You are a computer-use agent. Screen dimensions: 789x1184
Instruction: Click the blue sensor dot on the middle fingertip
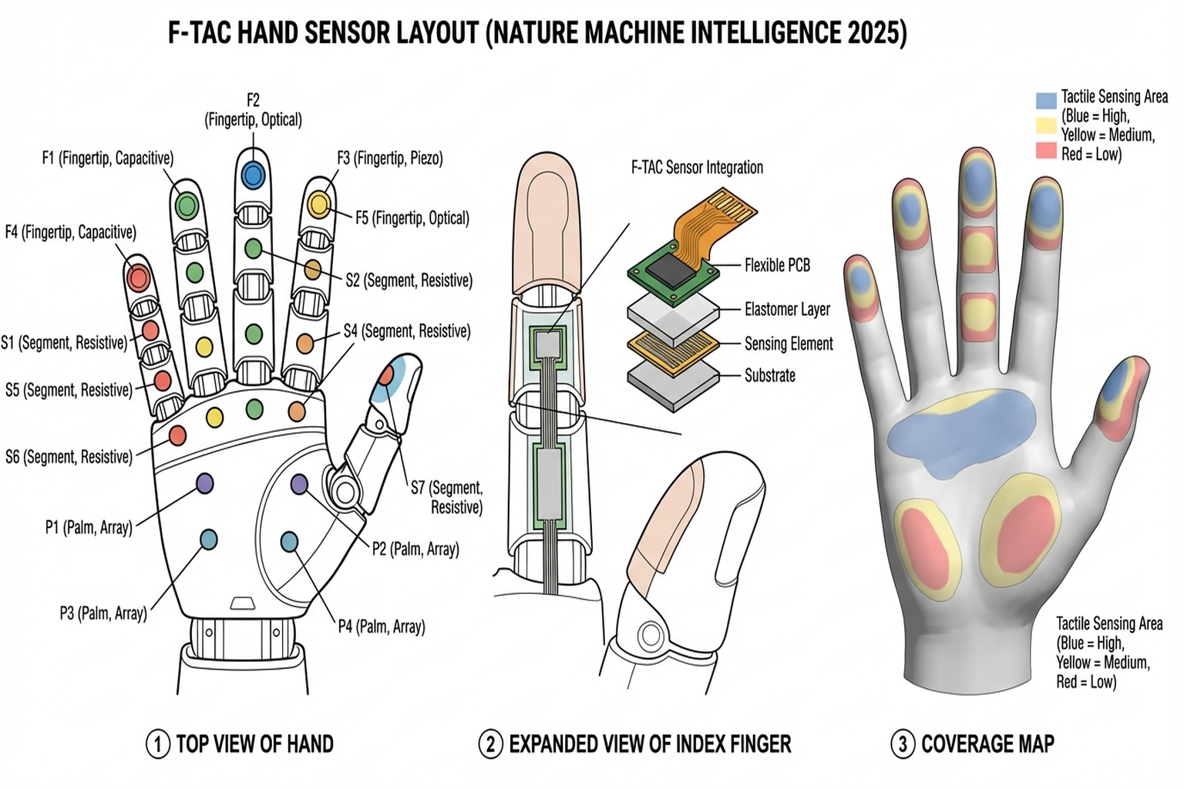tap(252, 175)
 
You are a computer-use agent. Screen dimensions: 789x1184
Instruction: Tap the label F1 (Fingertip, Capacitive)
tap(107, 159)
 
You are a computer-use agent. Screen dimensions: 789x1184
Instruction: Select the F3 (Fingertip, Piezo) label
tap(390, 159)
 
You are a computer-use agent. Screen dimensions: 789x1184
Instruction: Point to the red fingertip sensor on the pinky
tap(138, 277)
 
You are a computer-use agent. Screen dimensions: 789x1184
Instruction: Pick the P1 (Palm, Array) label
tap(89, 528)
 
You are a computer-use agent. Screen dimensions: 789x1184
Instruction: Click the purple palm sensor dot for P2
tap(299, 484)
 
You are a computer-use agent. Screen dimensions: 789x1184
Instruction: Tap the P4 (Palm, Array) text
tap(382, 626)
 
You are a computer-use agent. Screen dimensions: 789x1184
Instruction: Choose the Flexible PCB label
tap(777, 266)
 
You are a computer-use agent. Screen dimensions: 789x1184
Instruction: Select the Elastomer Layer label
tap(787, 310)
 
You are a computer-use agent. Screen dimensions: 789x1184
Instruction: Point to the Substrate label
tap(769, 376)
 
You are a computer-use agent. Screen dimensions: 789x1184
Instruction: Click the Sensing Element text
tap(789, 344)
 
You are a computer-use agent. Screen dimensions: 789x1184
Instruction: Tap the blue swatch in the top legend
tap(1046, 100)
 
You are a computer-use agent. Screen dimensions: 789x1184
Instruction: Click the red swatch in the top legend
tap(1046, 150)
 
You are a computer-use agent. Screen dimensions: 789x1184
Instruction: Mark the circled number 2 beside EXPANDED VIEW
tap(491, 744)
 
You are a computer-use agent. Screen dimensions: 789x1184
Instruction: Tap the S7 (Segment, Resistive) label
tap(446, 497)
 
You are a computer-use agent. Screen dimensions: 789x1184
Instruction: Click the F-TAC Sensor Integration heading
tap(697, 168)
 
